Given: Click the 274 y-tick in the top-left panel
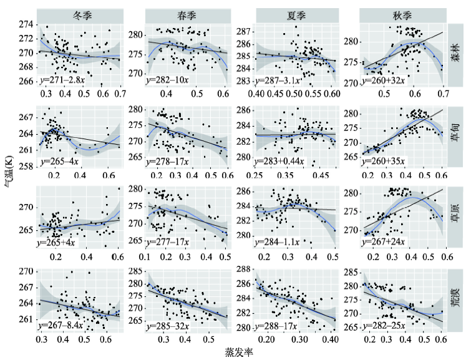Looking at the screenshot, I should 27,24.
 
